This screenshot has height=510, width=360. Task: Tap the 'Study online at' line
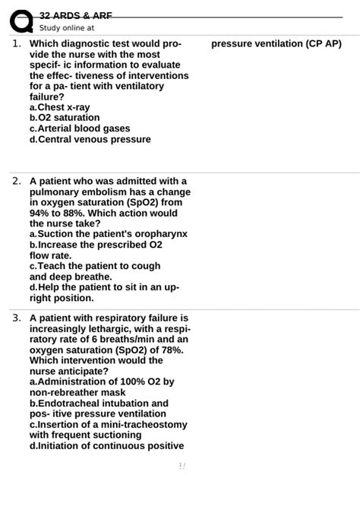(x=67, y=28)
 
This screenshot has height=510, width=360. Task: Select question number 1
(x=16, y=44)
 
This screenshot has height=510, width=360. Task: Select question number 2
(x=16, y=182)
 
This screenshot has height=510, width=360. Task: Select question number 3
(x=16, y=318)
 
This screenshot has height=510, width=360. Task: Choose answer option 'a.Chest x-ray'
(x=59, y=108)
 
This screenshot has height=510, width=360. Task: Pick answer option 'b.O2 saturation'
(x=65, y=119)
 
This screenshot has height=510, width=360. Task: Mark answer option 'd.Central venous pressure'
(x=90, y=140)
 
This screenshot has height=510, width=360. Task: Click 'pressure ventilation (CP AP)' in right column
(x=276, y=44)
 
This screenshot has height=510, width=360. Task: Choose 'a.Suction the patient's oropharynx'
(x=109, y=235)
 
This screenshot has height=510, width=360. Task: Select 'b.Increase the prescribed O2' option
(x=96, y=245)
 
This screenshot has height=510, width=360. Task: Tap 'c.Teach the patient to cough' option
(x=95, y=267)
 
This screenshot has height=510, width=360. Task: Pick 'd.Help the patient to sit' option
(x=104, y=288)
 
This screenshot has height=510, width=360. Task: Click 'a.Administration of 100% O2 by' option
(x=102, y=382)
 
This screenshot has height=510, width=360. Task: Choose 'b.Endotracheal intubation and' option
(x=99, y=403)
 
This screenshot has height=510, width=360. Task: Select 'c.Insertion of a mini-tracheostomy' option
(x=108, y=424)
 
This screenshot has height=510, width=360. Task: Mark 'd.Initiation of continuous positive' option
(x=106, y=445)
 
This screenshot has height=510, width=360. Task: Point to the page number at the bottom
(x=182, y=465)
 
